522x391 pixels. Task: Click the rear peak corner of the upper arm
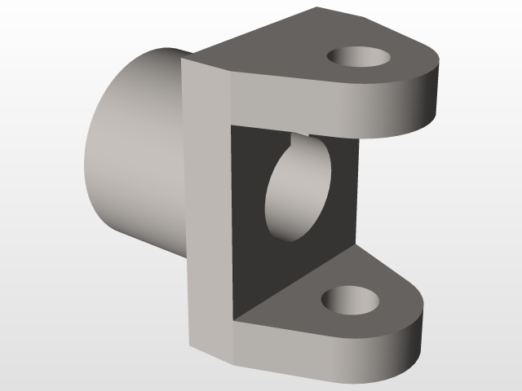pos(316,9)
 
